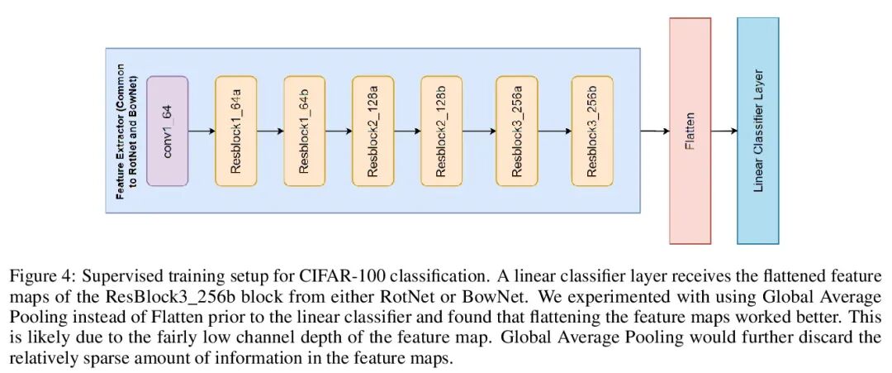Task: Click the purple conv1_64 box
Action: [x=168, y=131]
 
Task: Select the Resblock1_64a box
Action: [x=236, y=131]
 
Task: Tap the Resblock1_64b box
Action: [x=305, y=131]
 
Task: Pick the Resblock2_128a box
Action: [x=373, y=131]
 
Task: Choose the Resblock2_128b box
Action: [x=442, y=131]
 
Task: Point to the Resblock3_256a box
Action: [x=517, y=131]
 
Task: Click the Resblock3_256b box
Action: [x=592, y=131]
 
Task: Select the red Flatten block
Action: [x=690, y=131]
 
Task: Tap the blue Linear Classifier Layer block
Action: [x=758, y=131]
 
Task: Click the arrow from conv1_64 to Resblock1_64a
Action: [x=202, y=131]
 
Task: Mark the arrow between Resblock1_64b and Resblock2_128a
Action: [x=339, y=131]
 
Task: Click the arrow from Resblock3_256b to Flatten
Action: [x=641, y=131]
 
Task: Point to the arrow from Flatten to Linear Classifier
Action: [x=724, y=131]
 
